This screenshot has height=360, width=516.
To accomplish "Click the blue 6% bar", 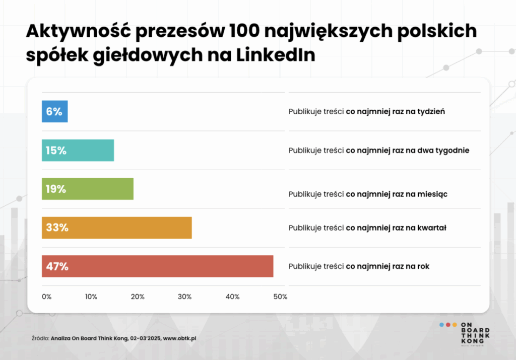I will pos(54,111).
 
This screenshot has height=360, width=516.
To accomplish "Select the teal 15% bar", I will pos(78,150).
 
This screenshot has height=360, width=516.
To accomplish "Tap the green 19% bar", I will pos(87,189).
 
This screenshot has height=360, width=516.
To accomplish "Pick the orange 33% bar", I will pos(116,228).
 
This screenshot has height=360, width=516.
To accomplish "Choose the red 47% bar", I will pos(157,266).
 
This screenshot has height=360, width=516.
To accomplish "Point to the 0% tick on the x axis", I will pos(46,297).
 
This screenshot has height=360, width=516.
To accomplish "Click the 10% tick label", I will pos(91,297).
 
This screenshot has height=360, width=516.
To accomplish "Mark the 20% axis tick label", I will pos(138,297).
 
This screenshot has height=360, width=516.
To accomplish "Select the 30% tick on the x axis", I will pos(185,297).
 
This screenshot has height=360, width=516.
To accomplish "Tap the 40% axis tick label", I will pos(232,297).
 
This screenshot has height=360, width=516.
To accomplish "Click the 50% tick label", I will pos(280,297).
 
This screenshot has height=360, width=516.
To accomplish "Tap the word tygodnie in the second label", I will pos(454,150).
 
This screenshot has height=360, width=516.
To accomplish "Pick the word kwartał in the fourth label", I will pos(432,228).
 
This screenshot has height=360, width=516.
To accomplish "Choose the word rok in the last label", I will pos(423,266).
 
